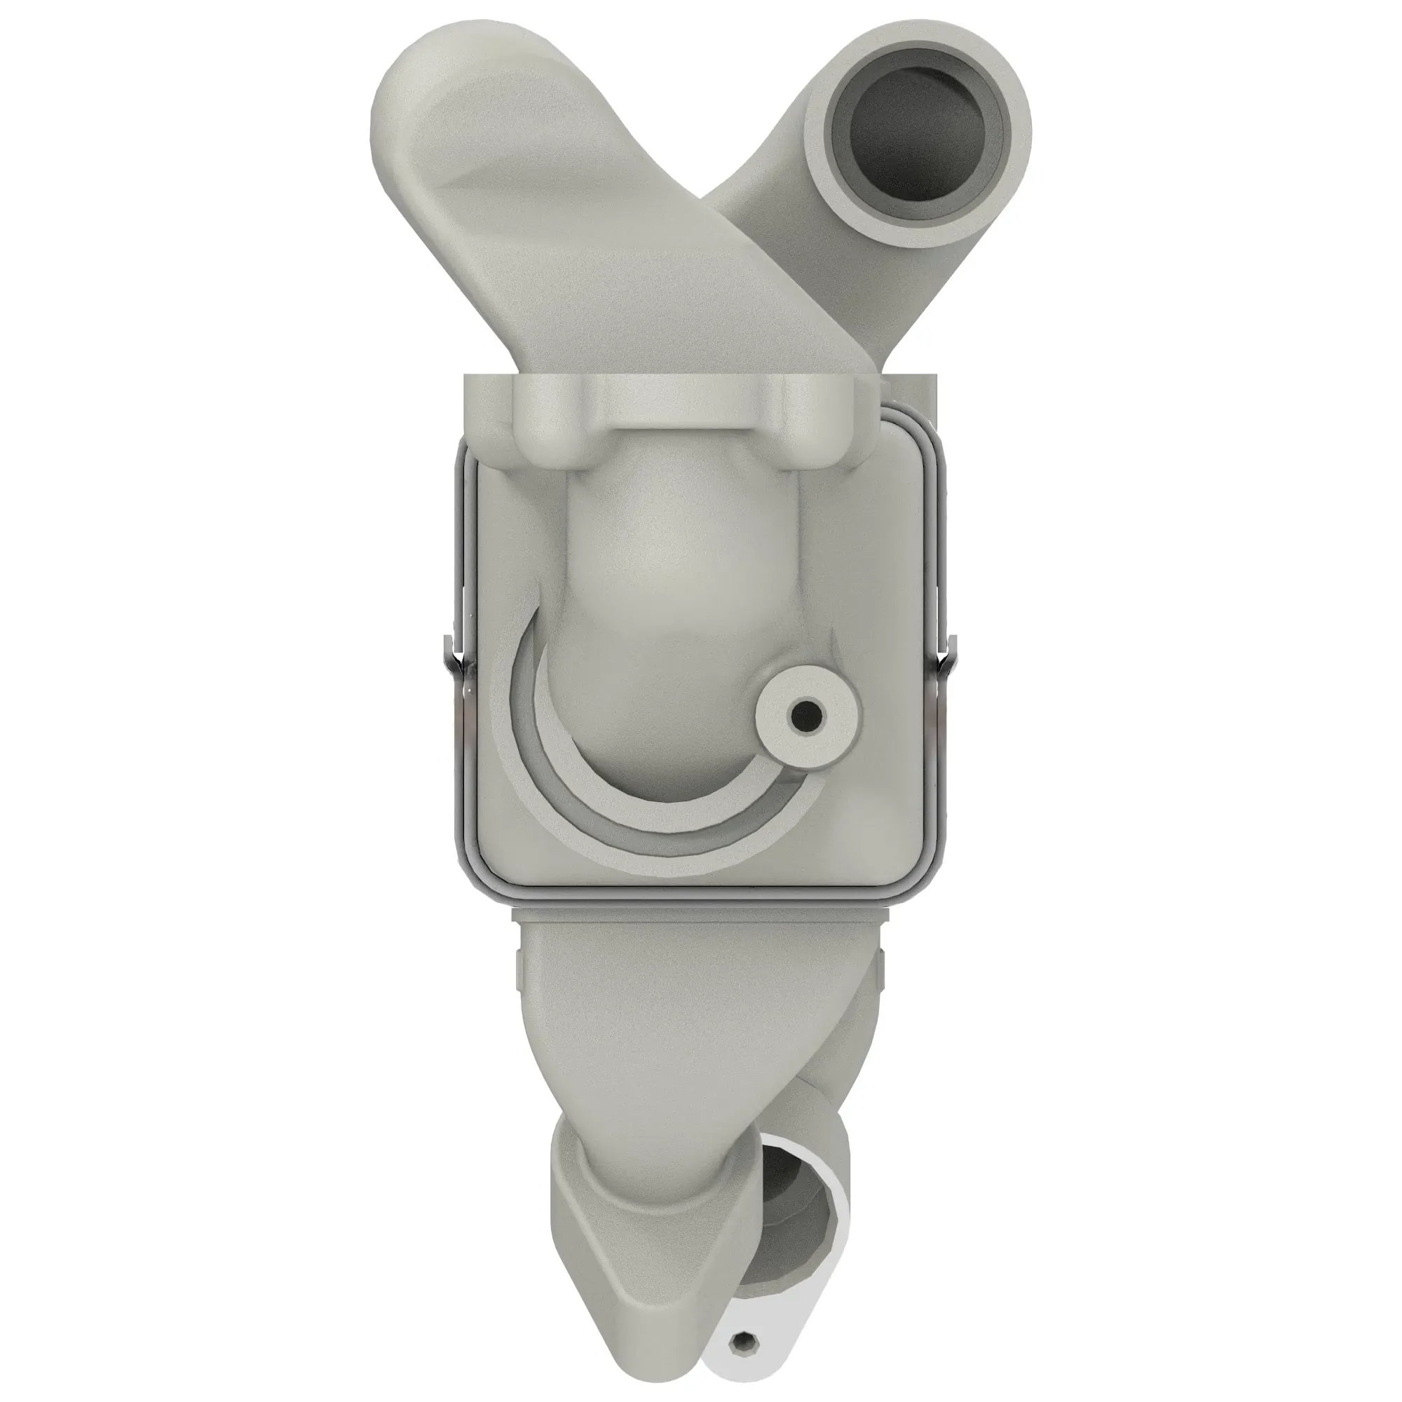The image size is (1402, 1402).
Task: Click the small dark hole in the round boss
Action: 805,718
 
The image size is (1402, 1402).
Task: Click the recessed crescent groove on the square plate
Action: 552,769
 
